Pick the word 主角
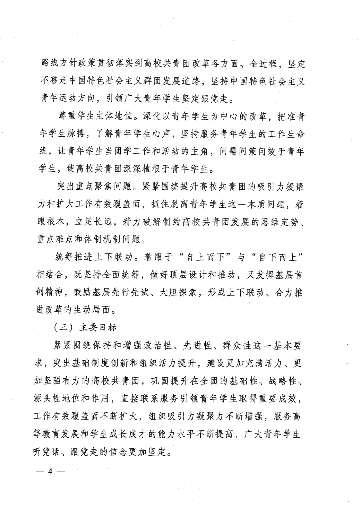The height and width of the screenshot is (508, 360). pos(205,152)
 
